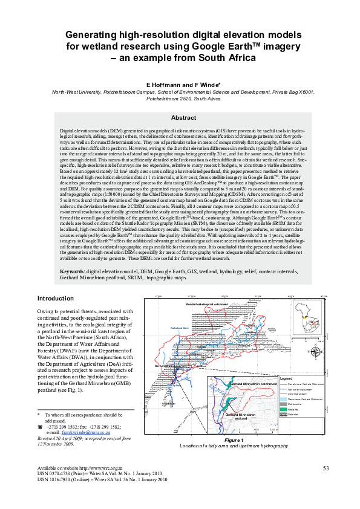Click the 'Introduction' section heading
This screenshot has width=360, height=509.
pyautogui.click(x=56, y=299)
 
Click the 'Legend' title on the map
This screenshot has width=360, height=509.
pyautogui.click(x=286, y=378)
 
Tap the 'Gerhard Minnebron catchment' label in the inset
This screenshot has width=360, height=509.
pyautogui.click(x=254, y=384)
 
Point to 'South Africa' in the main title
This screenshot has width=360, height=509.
pyautogui.click(x=227, y=57)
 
